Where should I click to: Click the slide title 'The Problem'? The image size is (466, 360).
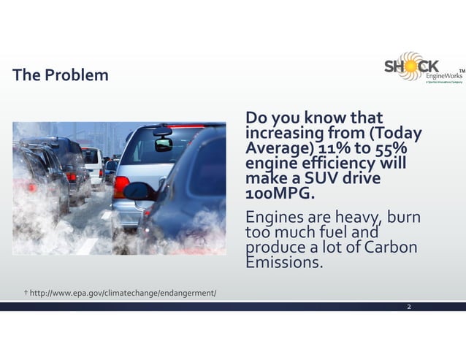(x=61, y=75)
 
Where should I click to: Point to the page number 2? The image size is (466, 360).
(x=409, y=306)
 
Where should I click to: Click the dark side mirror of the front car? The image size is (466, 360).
(x=139, y=191)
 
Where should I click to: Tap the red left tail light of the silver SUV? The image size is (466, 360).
(x=121, y=186)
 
